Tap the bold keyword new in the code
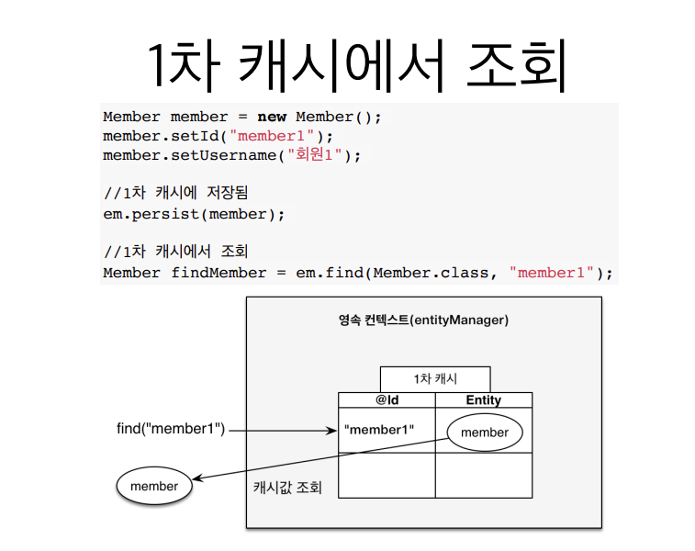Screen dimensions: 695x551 pyautogui.click(x=272, y=117)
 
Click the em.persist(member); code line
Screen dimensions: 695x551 pyautogui.click(x=194, y=214)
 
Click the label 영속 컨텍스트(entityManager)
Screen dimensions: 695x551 pyautogui.click(x=423, y=320)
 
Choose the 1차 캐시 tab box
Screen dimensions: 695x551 pyautogui.click(x=435, y=378)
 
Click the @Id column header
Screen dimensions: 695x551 pyautogui.click(x=387, y=400)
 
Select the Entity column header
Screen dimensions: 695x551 pyautogui.click(x=483, y=400)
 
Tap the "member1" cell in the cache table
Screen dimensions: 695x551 pyautogui.click(x=378, y=429)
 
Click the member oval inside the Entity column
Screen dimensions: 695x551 pyautogui.click(x=484, y=433)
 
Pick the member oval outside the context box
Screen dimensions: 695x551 pyautogui.click(x=154, y=487)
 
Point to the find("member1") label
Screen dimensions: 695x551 pyautogui.click(x=171, y=429)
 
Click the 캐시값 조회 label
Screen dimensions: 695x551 pyautogui.click(x=287, y=487)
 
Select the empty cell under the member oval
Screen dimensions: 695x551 pyautogui.click(x=483, y=475)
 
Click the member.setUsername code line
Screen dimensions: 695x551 pyautogui.click(x=232, y=155)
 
